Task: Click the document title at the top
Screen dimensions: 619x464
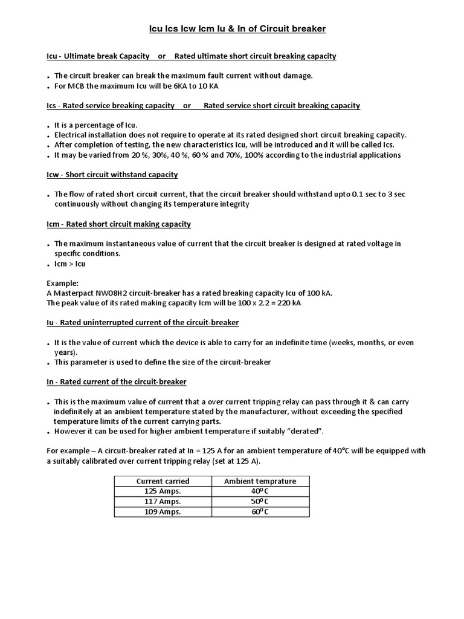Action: click(237, 28)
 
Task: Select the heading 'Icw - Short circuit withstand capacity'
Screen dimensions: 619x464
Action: click(112, 175)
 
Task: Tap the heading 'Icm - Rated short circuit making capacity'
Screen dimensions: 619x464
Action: click(119, 224)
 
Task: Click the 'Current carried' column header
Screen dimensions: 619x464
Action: click(163, 481)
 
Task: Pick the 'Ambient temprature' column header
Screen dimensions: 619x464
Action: click(260, 481)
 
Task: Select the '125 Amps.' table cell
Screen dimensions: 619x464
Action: click(163, 491)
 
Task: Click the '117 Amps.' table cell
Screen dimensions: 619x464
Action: click(163, 502)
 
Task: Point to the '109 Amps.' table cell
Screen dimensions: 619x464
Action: click(163, 512)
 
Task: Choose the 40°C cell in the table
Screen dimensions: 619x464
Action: click(260, 491)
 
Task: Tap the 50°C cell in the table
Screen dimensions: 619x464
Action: click(260, 502)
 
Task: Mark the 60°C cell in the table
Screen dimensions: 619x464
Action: click(260, 512)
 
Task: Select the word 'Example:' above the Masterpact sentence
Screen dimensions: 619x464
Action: click(63, 283)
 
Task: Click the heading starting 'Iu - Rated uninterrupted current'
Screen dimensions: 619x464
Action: click(143, 322)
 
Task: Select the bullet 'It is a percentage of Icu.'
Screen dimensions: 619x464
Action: click(96, 125)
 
